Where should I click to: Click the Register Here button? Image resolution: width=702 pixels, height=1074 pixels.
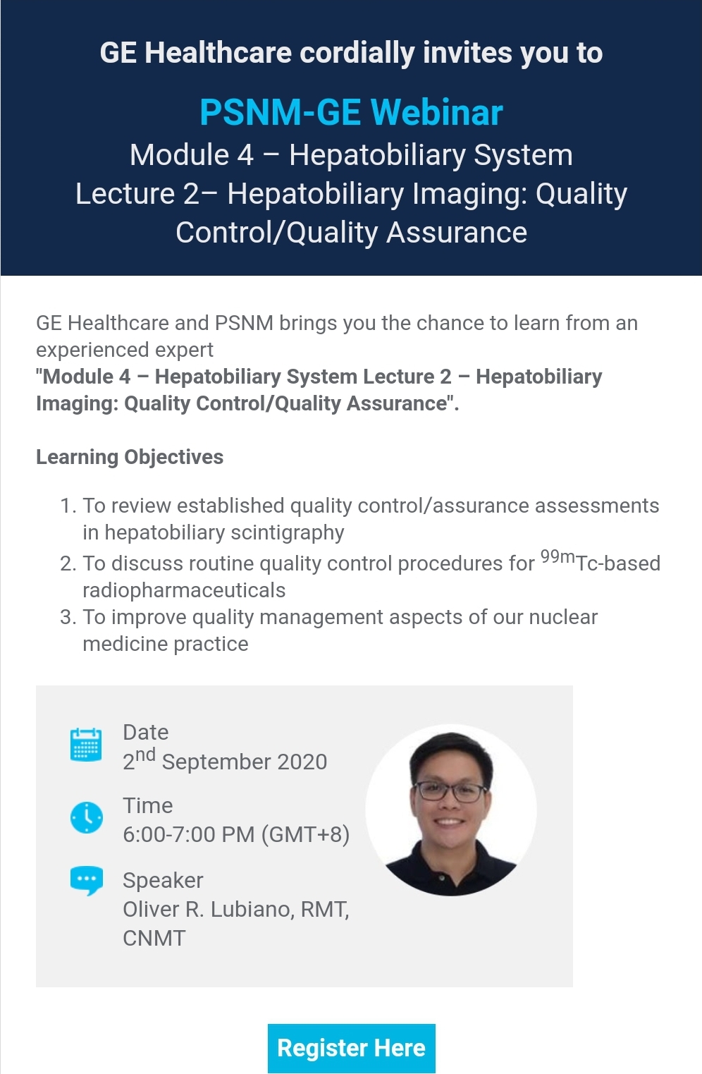click(351, 1048)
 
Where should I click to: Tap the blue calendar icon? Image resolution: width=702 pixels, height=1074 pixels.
click(86, 744)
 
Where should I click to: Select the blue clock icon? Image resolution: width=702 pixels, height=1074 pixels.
click(86, 817)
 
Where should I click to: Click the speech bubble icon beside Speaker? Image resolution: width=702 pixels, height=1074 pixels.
click(86, 881)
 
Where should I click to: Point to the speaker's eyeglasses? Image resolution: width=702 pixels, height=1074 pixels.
click(450, 792)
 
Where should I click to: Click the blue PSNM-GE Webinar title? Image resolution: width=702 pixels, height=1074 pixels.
click(351, 112)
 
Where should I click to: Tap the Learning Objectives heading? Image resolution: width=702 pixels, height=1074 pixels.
click(130, 457)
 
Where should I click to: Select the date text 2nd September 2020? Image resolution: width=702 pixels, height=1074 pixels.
click(225, 760)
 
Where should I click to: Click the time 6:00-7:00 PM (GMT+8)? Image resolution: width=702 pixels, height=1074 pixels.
click(236, 835)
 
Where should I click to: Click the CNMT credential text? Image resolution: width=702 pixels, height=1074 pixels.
click(154, 939)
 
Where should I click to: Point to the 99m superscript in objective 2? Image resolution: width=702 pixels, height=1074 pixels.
click(558, 556)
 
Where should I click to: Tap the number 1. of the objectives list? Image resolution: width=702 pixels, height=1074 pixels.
click(68, 506)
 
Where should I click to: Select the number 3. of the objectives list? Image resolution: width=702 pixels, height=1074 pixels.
click(68, 618)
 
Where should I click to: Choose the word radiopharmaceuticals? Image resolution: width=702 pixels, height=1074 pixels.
click(184, 591)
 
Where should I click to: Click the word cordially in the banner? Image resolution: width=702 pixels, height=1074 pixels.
click(357, 53)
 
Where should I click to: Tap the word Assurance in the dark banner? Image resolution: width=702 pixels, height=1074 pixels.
click(457, 233)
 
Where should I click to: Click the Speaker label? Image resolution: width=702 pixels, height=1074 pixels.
click(163, 881)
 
